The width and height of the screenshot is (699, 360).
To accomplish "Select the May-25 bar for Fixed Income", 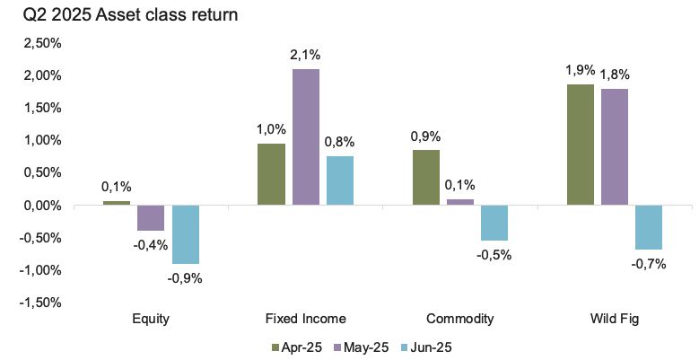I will [x=305, y=137].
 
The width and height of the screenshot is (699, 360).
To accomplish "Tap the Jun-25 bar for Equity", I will [x=185, y=234].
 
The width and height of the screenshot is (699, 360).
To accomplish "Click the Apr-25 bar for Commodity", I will [x=425, y=178].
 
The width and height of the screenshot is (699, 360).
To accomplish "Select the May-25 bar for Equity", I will [x=151, y=218].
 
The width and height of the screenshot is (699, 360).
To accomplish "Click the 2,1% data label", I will [x=305, y=57].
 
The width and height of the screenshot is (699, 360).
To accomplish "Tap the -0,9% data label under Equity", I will [x=186, y=277].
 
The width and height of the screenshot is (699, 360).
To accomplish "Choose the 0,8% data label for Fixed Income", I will [x=340, y=141].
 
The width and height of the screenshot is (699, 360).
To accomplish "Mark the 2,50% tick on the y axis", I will [x=41, y=43].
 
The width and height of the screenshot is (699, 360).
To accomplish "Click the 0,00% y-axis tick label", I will [x=41, y=206].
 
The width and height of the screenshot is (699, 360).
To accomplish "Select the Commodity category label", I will [x=460, y=319].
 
